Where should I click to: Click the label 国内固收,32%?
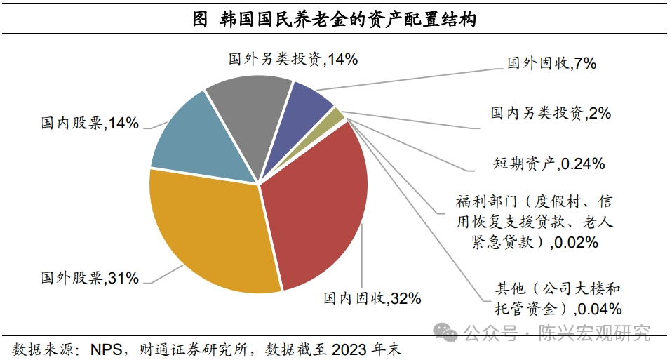coord(372,299)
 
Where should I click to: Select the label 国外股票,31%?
coord(90,278)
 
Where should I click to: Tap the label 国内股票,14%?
coord(90,124)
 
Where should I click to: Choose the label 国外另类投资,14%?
coord(293,60)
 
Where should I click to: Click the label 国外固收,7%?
coord(551,64)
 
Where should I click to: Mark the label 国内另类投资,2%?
coord(551,112)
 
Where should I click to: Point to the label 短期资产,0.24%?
coord(549,164)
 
